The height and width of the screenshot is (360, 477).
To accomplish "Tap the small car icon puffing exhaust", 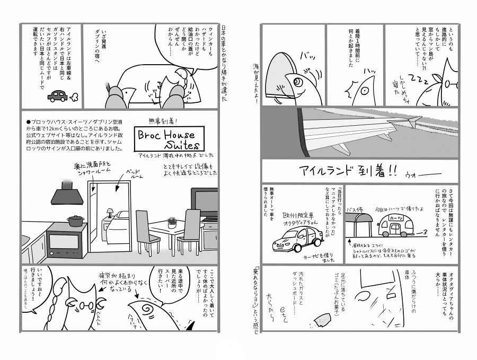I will (58, 96).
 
